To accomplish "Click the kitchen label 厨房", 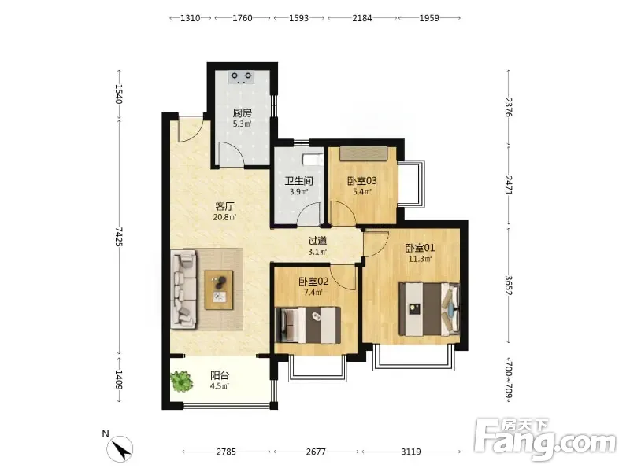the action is coord(243,112).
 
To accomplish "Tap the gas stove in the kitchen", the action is coord(241,77).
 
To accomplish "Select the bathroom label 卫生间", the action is coord(299,181).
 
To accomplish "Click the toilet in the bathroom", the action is coord(313,160).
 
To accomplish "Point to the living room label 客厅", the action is coord(225,207).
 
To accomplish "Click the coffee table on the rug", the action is coord(219,289).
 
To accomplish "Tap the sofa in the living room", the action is coord(183,289).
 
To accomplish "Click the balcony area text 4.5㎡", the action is coord(220,386).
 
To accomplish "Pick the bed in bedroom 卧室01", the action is coord(429,309).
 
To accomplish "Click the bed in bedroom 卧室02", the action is coord(308,325).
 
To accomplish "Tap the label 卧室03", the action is coord(362,181).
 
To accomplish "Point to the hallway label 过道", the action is coord(317,241).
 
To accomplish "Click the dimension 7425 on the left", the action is coord(119,237).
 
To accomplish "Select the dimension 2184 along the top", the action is coord(362,18).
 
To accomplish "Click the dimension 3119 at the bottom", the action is coord(410,452).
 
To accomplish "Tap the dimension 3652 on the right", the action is coord(509,286).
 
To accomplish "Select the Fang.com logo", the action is coord(545,440).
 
